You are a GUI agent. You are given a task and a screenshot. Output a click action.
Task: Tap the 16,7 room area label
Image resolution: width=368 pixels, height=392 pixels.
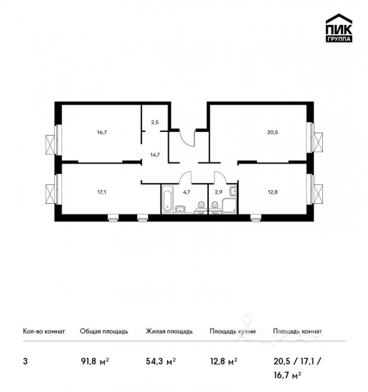point(101,131)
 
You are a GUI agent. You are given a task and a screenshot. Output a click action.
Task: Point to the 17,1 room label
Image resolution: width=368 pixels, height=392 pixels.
point(101,192)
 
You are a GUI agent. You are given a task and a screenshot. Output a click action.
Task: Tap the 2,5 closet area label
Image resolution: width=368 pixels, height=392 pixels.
point(155,122)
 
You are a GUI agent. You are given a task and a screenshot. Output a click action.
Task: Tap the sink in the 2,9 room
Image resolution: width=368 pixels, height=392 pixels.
point(234,191)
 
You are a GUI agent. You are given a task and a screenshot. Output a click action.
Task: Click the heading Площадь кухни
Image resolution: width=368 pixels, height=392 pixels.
point(232,331)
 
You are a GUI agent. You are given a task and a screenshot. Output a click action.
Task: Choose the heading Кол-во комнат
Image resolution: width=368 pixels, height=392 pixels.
point(44,331)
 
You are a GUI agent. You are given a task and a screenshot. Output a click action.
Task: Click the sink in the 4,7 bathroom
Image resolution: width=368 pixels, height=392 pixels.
point(182,208)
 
